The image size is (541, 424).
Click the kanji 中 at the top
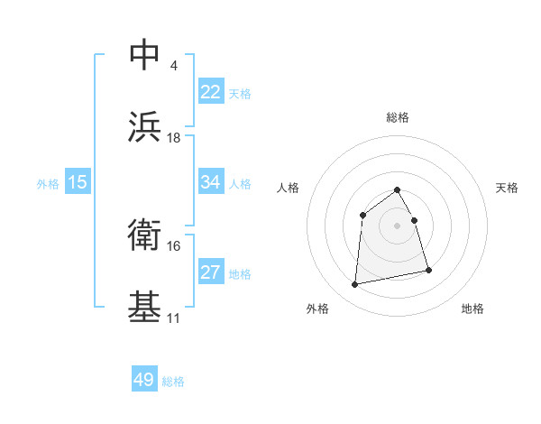point(145,54)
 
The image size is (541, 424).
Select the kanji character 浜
point(145,127)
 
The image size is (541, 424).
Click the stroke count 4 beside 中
point(173,65)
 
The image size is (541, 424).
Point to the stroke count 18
point(174,137)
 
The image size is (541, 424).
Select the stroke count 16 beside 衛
point(174,245)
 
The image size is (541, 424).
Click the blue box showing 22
point(211,92)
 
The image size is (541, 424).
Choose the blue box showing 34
point(211,182)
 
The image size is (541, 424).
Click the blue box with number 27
point(211,272)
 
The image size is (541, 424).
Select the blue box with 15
point(78,182)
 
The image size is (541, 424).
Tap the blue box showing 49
point(144,381)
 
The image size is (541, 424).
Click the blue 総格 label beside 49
point(174,382)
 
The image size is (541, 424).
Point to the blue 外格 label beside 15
point(48,183)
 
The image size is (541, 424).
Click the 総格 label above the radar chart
point(398,117)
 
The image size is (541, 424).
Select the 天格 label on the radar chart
point(507,188)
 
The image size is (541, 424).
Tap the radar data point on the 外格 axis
point(355,285)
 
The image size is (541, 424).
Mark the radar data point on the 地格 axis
point(428,270)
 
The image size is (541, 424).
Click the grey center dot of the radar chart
point(397,225)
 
